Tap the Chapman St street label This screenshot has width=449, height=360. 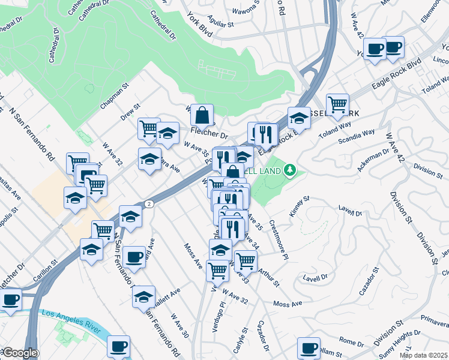115,96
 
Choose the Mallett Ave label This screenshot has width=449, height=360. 165,298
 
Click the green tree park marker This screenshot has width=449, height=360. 291,170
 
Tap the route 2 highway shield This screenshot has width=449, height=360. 149,204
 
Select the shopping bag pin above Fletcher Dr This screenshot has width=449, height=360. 202,113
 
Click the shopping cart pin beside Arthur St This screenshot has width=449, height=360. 246,260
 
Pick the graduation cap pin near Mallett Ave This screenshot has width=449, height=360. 143,296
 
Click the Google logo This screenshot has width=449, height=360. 19,353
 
